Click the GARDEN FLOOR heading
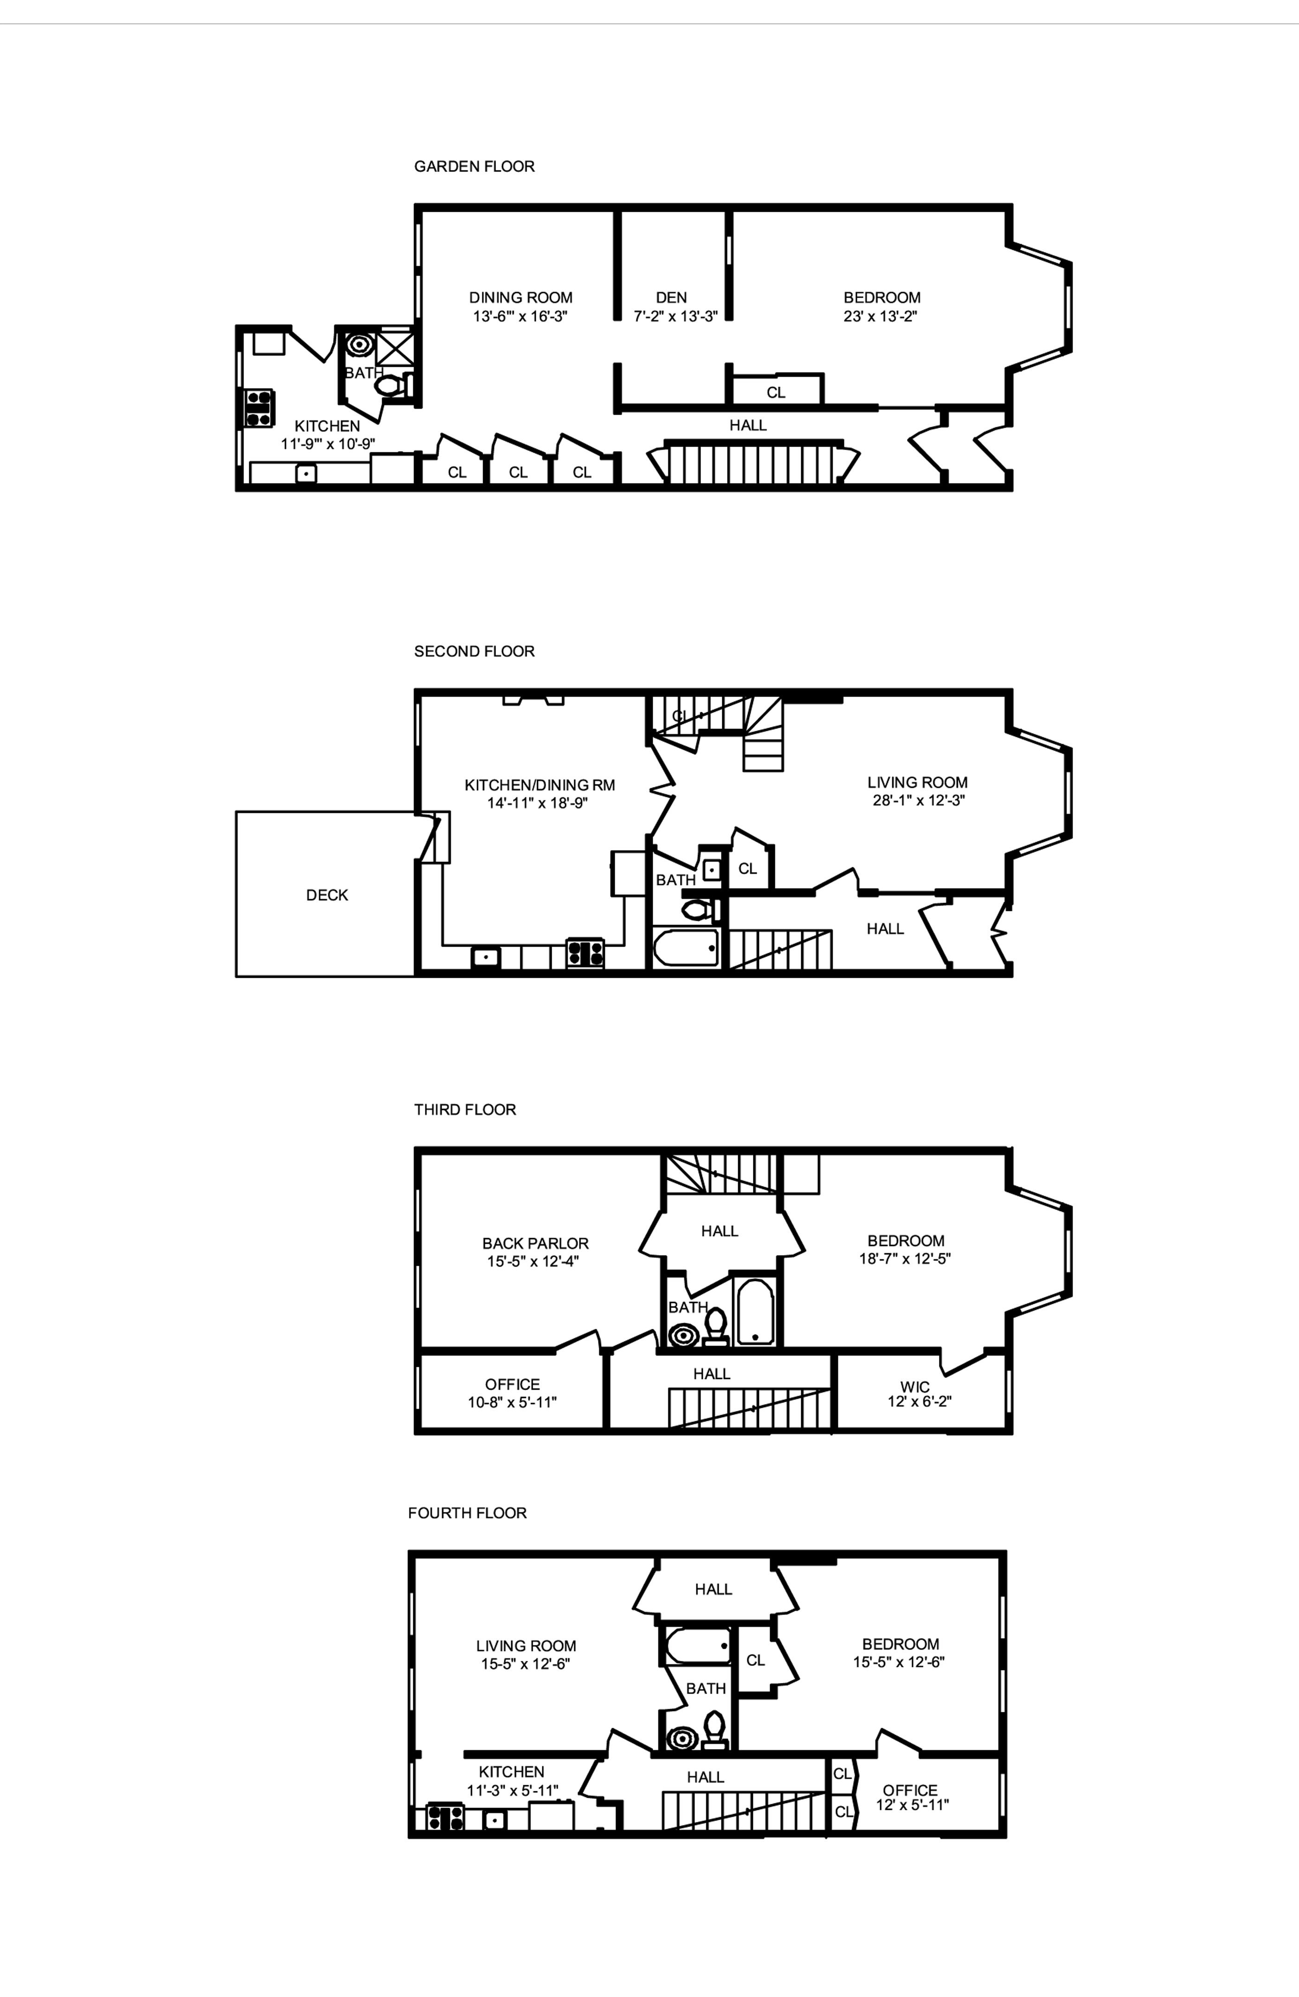[474, 166]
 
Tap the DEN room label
[671, 297]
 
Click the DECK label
[326, 894]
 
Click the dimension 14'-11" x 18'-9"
[538, 803]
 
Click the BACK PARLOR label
[535, 1242]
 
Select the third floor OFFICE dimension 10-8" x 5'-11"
[512, 1402]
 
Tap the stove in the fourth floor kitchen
[445, 1816]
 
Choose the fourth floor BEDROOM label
[900, 1644]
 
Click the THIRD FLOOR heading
[464, 1109]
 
